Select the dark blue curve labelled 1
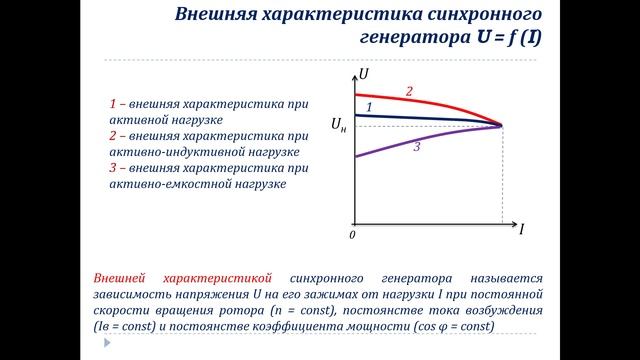[430, 119]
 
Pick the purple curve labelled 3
[430, 141]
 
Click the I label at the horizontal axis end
[521, 229]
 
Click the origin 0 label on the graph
[352, 235]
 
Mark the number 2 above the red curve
[409, 92]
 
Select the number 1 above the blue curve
[369, 106]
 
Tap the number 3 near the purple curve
[416, 147]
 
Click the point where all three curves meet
[501, 125]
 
